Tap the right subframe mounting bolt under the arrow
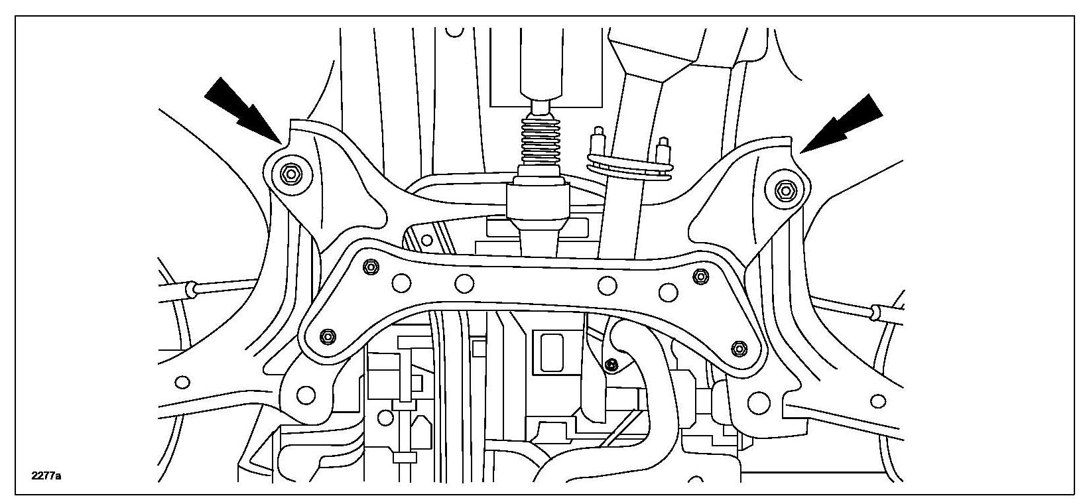(x=785, y=190)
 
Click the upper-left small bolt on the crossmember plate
(x=371, y=267)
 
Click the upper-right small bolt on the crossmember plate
(x=698, y=276)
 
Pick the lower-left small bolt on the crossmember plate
(x=326, y=336)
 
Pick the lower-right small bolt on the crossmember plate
(x=738, y=347)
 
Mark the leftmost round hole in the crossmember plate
(x=400, y=283)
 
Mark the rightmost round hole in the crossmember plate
(x=670, y=290)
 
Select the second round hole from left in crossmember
(x=464, y=284)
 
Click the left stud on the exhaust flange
(x=599, y=140)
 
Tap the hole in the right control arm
(x=879, y=400)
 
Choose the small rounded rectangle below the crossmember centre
(x=552, y=351)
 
